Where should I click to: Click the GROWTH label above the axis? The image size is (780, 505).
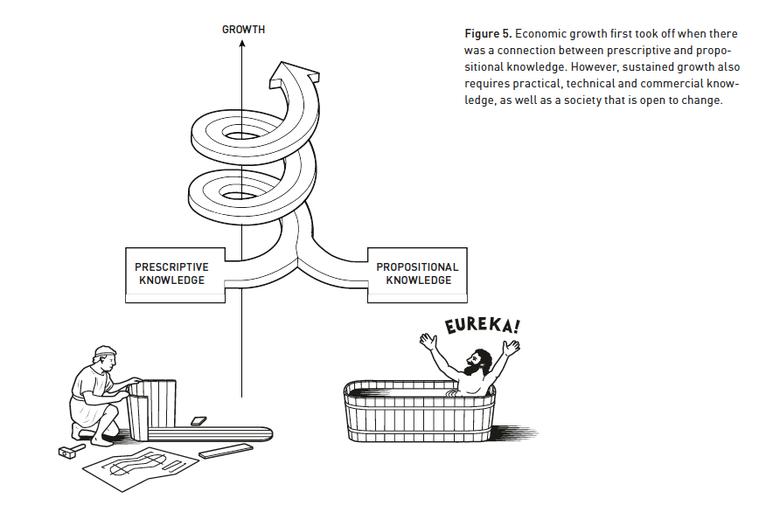click(x=243, y=30)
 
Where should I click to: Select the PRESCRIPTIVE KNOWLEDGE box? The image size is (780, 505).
click(x=171, y=273)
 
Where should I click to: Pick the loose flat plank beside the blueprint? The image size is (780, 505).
click(x=226, y=452)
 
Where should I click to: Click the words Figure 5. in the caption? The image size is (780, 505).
click(x=487, y=33)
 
